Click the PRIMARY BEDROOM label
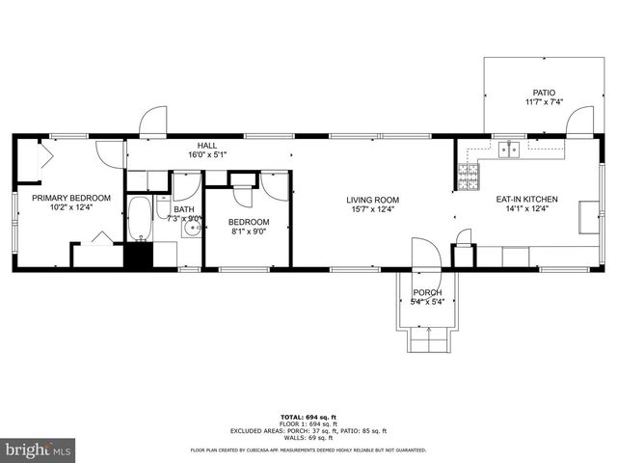click(x=70, y=198)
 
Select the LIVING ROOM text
click(x=373, y=200)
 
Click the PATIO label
click(x=545, y=93)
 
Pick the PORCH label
click(x=427, y=292)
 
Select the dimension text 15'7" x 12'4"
click(x=373, y=209)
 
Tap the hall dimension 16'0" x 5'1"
click(x=207, y=153)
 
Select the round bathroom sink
click(x=192, y=231)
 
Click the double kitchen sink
click(x=509, y=150)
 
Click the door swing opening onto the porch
click(x=425, y=255)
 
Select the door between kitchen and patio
click(x=579, y=123)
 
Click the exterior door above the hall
click(x=153, y=123)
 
